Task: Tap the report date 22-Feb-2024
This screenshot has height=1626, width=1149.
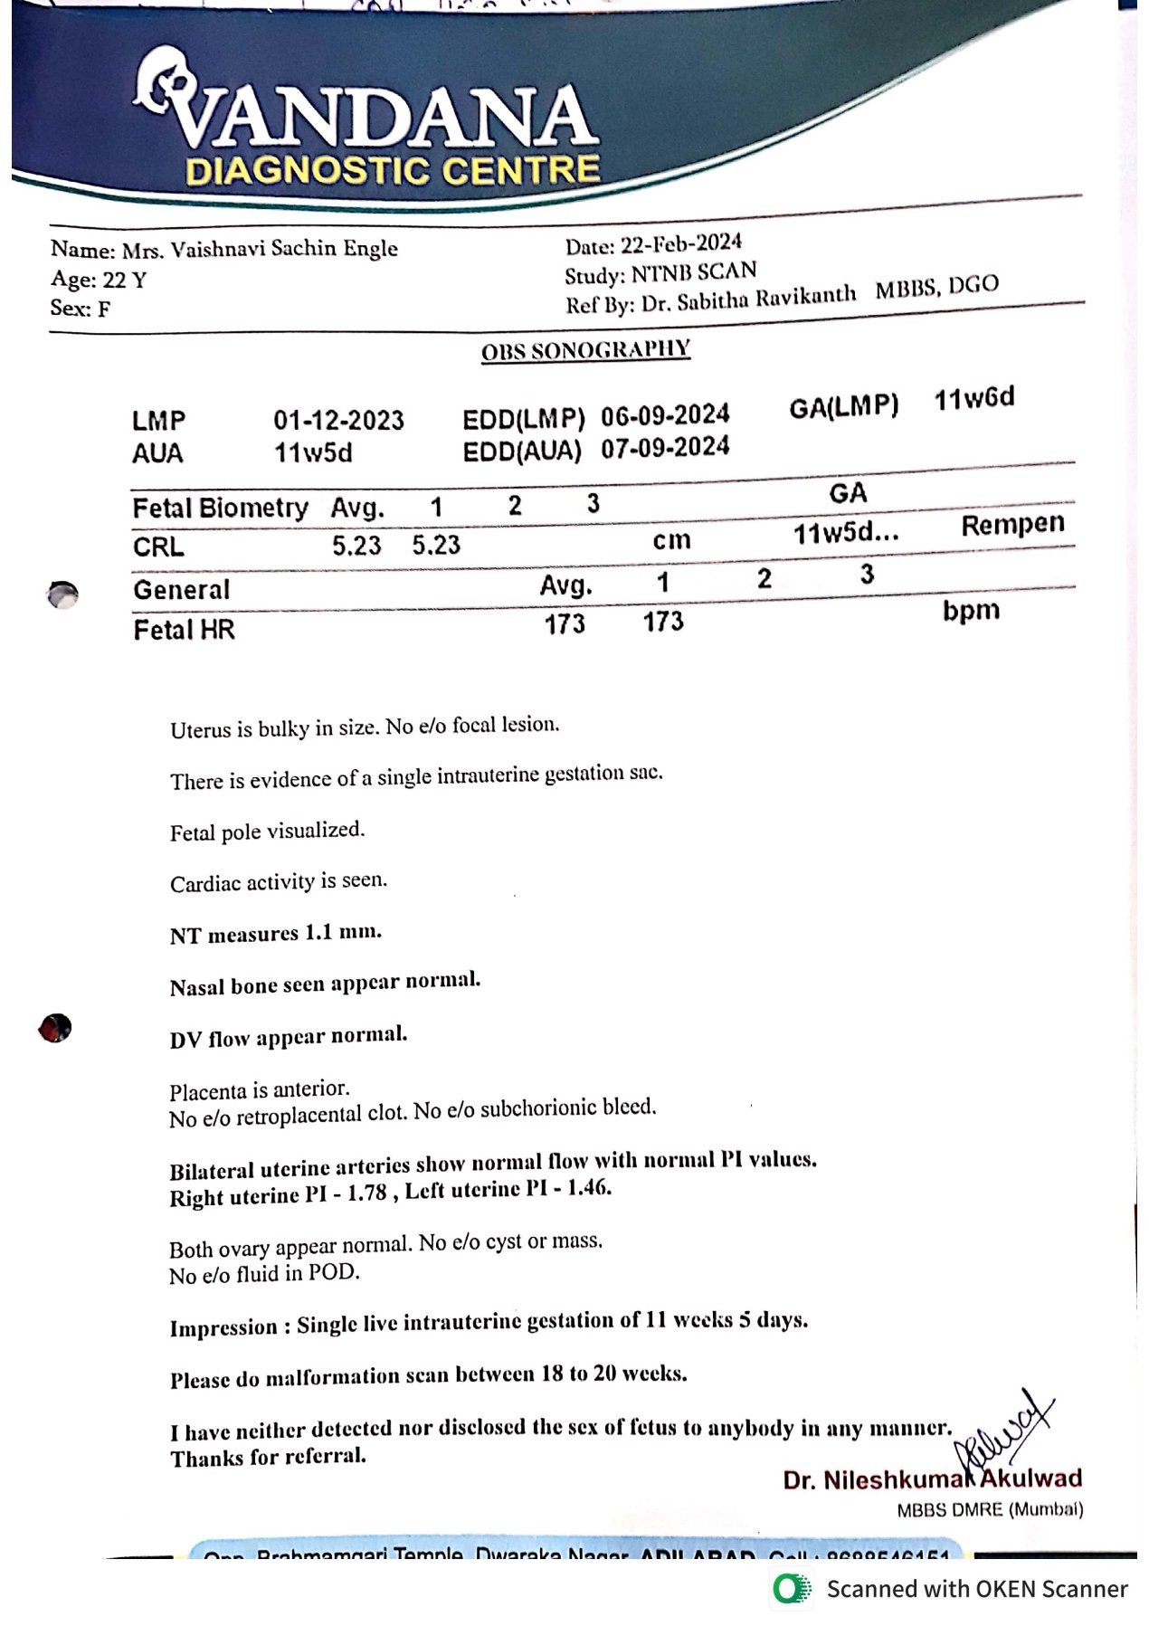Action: pos(680,243)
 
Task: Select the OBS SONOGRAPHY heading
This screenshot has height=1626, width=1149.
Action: pos(585,350)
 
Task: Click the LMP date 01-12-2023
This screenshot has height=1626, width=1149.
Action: pos(338,420)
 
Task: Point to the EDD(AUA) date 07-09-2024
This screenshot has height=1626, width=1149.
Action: pos(665,447)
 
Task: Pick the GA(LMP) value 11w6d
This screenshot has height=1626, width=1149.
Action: pos(974,398)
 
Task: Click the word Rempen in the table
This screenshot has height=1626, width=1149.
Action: pos(1012,525)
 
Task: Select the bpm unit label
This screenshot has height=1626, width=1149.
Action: pos(971,611)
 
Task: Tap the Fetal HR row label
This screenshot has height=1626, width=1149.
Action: pos(184,629)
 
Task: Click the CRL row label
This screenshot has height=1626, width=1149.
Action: pos(158,547)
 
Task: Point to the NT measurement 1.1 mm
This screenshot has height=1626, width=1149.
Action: pos(343,932)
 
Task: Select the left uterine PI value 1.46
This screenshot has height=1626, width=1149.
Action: pos(589,1188)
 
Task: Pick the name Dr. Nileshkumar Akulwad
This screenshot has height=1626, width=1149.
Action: pos(932,1479)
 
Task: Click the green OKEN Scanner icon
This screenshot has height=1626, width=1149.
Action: pos(792,1589)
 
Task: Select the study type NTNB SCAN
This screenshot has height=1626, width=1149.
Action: pos(694,272)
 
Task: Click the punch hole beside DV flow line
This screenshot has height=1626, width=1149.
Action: pos(55,1028)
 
